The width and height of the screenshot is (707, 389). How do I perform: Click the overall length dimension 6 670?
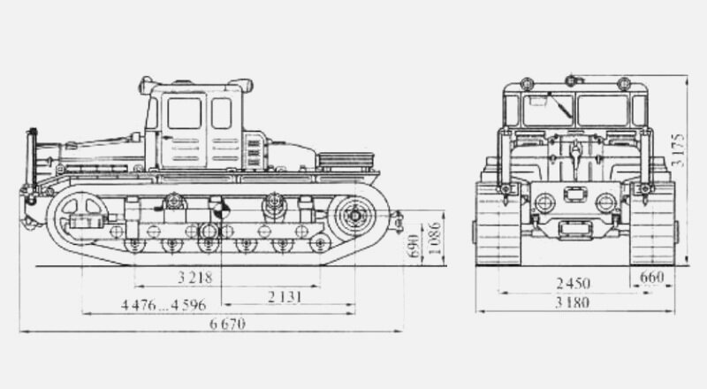click(x=227, y=324)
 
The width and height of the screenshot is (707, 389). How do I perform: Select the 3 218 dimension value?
click(x=194, y=277)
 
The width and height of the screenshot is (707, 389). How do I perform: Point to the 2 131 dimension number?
click(x=285, y=297)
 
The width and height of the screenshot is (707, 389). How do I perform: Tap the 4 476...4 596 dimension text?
click(x=163, y=305)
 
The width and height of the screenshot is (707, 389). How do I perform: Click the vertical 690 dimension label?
click(x=414, y=246)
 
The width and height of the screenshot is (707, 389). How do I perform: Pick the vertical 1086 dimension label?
click(x=434, y=238)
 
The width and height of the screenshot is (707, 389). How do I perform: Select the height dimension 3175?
click(x=678, y=150)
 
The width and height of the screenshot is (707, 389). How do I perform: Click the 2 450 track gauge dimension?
click(x=573, y=284)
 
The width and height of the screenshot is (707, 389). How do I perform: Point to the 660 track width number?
click(x=652, y=277)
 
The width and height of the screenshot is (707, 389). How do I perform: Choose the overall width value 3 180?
click(x=572, y=302)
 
